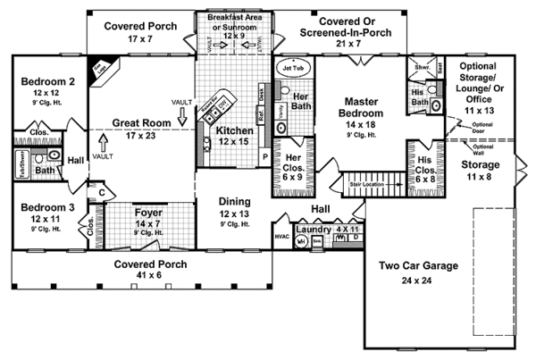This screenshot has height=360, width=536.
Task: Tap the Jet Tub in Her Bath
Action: coord(294,68)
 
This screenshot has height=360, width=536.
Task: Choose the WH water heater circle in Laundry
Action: coord(302,241)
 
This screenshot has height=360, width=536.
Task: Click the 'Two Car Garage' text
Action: coord(419,265)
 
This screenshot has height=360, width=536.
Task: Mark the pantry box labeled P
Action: coord(264,155)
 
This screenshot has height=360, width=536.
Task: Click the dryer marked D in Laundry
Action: coord(355,239)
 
